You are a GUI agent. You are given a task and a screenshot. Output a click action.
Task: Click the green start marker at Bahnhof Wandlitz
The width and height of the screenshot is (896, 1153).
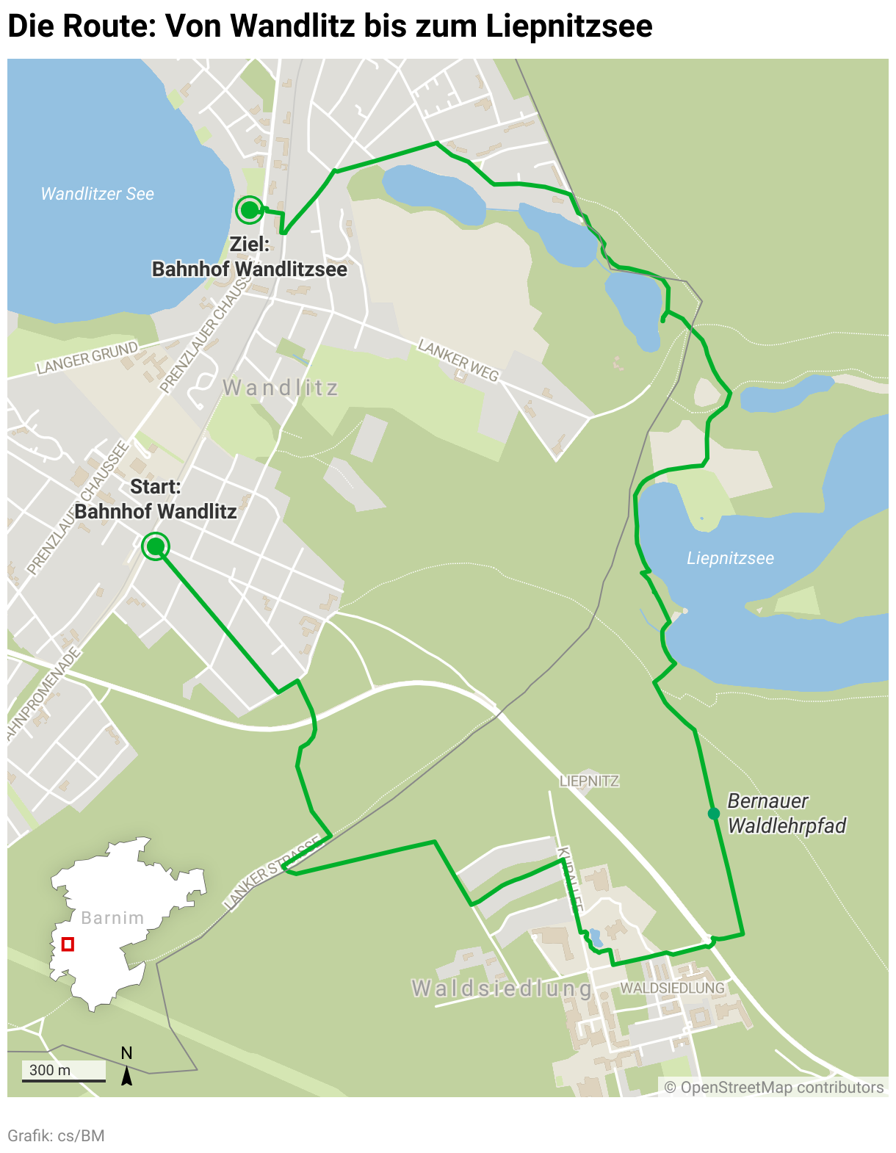point(156,546)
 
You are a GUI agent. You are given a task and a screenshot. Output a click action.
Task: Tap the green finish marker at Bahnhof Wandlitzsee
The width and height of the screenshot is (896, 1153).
point(250,210)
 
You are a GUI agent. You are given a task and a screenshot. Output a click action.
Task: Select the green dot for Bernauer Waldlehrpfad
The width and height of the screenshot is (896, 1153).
point(713,814)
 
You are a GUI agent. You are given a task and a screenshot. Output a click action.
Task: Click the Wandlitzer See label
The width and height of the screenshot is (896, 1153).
point(97,194)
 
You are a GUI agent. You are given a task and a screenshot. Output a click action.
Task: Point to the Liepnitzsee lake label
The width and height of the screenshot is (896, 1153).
point(730,558)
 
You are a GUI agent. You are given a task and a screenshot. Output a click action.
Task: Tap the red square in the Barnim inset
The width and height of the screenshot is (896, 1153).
point(68,944)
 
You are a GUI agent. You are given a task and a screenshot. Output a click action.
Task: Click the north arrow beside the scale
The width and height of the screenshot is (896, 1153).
point(126,1075)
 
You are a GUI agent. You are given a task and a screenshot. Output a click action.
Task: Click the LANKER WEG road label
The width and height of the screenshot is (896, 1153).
point(458,360)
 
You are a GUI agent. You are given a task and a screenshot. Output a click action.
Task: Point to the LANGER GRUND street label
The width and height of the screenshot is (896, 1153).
point(87,358)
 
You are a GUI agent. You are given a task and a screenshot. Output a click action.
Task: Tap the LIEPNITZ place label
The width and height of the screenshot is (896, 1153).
point(589,781)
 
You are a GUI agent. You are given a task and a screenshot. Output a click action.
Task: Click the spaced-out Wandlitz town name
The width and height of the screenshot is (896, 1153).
point(281,388)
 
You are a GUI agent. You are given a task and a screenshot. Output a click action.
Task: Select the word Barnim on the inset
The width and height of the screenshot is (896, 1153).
point(112,918)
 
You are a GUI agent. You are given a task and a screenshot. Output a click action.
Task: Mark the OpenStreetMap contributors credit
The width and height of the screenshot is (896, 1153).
point(774,1087)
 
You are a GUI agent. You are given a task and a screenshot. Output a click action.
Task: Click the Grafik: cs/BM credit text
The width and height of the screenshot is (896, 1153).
point(56,1135)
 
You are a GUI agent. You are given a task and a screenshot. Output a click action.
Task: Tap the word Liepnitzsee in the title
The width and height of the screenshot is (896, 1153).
point(569,26)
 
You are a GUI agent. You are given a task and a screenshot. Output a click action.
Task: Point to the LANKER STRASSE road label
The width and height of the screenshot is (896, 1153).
point(272,872)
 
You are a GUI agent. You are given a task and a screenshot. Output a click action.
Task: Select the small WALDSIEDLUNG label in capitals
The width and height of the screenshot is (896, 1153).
point(672,988)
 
